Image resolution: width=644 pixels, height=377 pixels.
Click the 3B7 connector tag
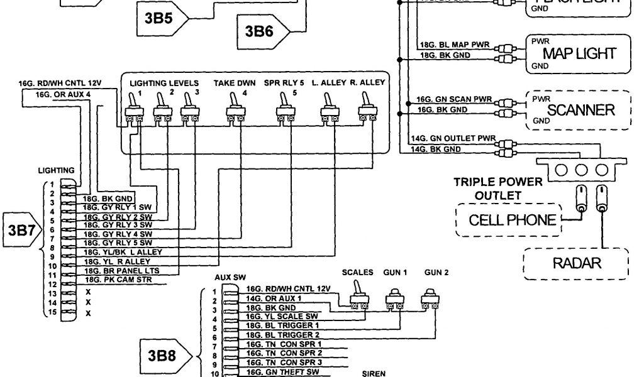(x=22, y=230)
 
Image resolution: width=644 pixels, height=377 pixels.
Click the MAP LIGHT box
(x=579, y=53)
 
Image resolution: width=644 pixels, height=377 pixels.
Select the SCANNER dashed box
(x=579, y=110)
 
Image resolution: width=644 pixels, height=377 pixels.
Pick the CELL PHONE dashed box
(x=508, y=220)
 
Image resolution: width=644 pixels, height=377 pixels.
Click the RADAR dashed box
(x=576, y=263)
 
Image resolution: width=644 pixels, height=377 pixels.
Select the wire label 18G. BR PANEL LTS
(x=119, y=270)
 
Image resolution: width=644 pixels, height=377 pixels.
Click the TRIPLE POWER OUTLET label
(x=498, y=188)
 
